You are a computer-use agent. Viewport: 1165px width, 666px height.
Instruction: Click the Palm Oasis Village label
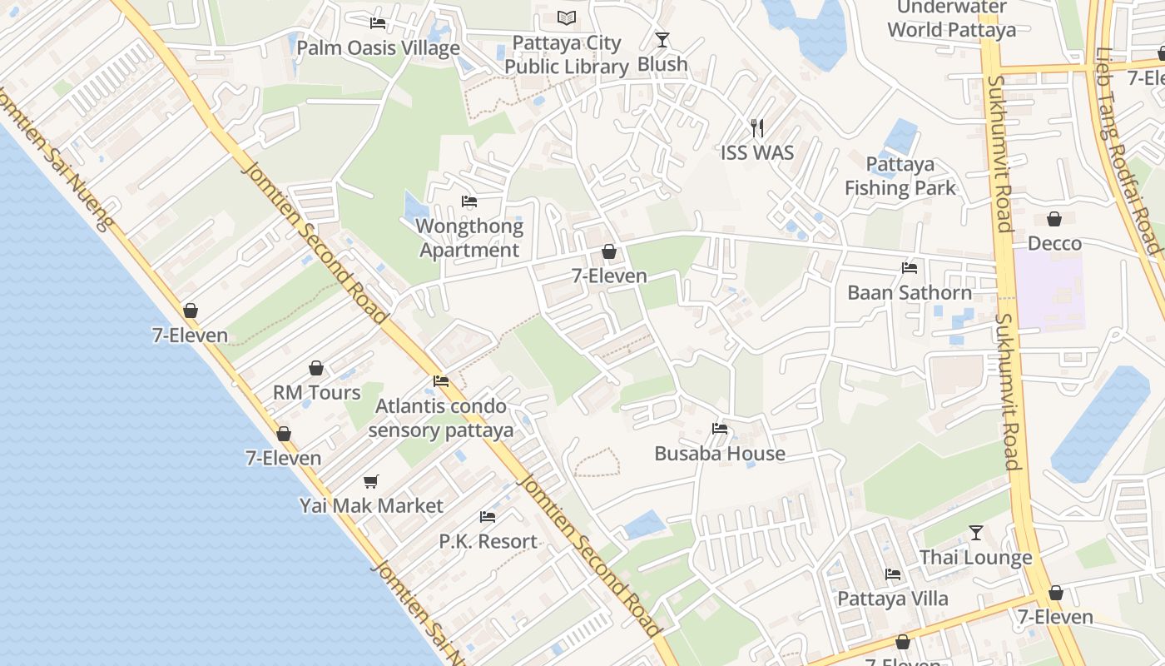pos(379,47)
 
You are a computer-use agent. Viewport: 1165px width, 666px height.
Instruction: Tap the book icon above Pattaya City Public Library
pos(567,17)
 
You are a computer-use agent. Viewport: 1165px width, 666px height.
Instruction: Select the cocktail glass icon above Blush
pos(662,39)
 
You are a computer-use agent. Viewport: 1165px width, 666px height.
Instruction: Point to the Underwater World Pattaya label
pos(951,19)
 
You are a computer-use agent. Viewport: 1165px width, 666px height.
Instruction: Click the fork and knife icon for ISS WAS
pos(757,128)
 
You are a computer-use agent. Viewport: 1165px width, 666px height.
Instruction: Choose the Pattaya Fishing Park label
pos(900,176)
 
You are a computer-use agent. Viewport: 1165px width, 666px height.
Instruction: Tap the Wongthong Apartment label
pos(469,238)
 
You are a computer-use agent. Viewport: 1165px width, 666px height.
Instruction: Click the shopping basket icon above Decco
pos(1054,219)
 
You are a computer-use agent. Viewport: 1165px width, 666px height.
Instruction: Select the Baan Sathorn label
pos(910,292)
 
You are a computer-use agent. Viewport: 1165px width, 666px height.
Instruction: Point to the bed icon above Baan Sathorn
pos(910,268)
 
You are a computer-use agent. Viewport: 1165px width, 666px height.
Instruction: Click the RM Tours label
pos(317,392)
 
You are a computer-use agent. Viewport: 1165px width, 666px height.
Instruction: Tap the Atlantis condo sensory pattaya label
pos(441,418)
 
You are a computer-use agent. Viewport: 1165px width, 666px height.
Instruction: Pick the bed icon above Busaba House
pos(720,429)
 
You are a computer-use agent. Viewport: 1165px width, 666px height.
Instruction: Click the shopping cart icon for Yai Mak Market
pos(371,481)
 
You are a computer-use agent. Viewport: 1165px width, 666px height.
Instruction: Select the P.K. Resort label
pos(488,541)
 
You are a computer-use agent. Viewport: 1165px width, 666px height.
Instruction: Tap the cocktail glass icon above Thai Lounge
pos(976,533)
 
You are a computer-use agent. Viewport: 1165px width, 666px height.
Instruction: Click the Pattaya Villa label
pos(893,599)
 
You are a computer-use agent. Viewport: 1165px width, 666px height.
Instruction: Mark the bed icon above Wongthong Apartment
pos(469,201)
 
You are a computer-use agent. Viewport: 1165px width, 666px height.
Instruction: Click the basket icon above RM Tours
pos(316,368)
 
